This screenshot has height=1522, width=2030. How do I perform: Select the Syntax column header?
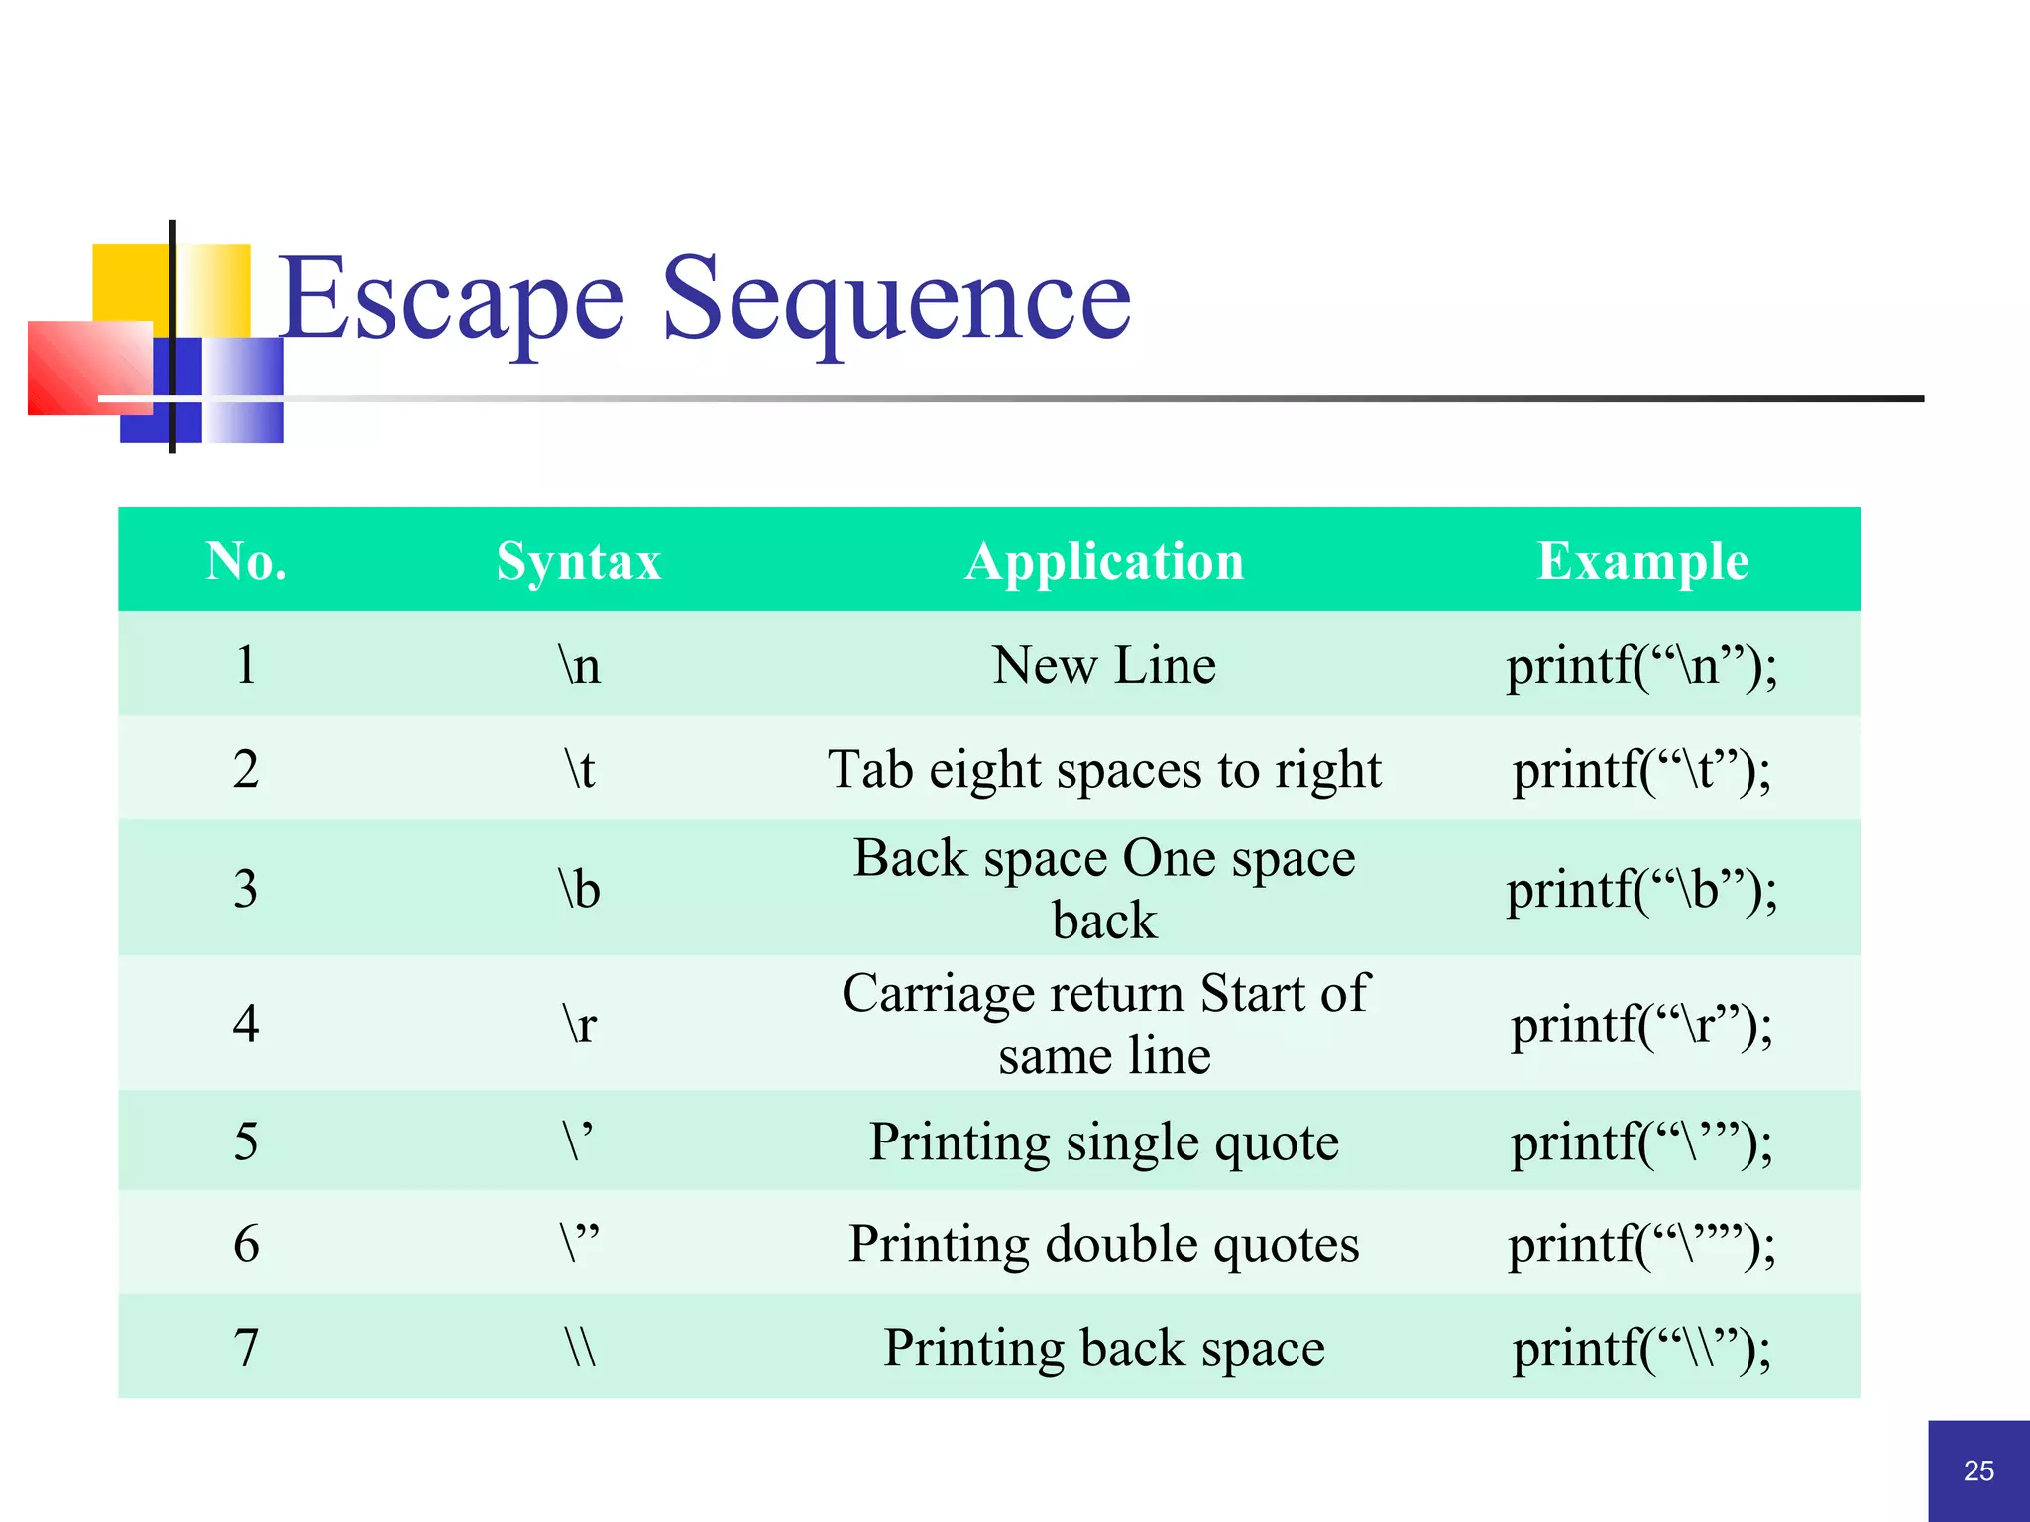click(579, 561)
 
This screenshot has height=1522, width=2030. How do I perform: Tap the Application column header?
click(1104, 561)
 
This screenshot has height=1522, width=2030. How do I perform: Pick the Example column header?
click(1642, 561)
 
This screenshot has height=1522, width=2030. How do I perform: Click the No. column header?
click(246, 561)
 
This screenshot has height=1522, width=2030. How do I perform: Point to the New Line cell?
click(1104, 665)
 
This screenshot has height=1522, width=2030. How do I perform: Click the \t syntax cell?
click(580, 769)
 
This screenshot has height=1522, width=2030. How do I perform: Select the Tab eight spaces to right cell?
click(1104, 769)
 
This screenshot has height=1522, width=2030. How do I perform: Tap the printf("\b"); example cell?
click(1641, 889)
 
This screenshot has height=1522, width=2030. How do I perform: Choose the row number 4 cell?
click(246, 1023)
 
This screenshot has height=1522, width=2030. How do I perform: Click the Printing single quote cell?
click(1104, 1141)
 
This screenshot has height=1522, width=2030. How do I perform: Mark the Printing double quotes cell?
click(1104, 1245)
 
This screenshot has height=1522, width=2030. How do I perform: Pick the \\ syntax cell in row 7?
click(580, 1348)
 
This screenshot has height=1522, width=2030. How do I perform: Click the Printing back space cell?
click(1104, 1348)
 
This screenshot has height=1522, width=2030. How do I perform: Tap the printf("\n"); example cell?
click(1641, 665)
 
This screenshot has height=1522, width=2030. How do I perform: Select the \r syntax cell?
click(580, 1023)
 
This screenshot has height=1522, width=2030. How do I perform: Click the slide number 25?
click(1978, 1470)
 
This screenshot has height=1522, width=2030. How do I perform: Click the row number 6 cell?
click(246, 1245)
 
